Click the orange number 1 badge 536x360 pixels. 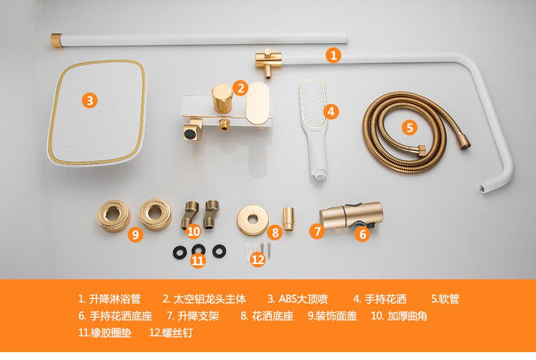[x=333, y=55]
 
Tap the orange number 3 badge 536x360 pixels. [x=90, y=100]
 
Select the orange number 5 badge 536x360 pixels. [x=410, y=126]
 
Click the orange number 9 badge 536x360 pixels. [x=134, y=234]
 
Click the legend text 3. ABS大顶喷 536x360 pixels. [x=297, y=298]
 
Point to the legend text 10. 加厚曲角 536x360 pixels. [x=399, y=315]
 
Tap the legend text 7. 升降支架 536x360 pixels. [x=193, y=315]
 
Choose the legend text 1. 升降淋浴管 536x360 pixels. [x=109, y=298]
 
